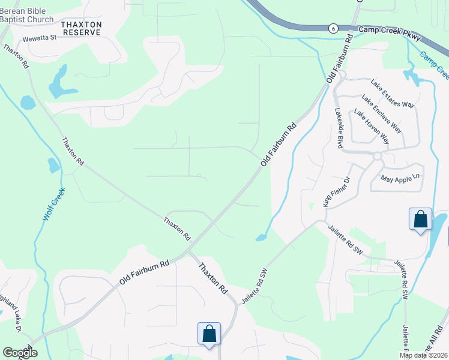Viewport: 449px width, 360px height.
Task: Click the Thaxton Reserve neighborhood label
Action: point(81,28)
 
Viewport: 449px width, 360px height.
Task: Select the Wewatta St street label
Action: point(39,38)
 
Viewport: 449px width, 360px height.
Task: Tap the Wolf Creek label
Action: point(53,204)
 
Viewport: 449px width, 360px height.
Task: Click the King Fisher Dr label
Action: point(336,192)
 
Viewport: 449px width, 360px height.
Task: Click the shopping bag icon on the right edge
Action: point(420,219)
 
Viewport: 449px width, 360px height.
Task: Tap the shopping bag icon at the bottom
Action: point(209,334)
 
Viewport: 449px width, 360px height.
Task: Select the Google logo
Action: point(20,353)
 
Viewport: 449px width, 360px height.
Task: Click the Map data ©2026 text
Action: point(423,355)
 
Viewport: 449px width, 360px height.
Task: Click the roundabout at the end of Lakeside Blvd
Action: point(378,156)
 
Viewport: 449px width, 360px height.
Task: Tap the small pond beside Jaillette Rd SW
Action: point(261,238)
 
